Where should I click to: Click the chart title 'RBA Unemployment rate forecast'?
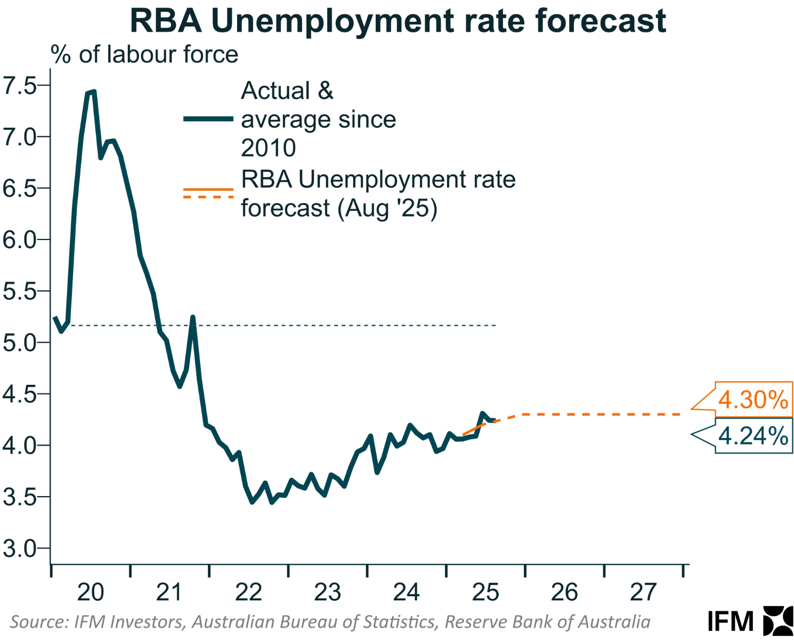pyautogui.click(x=398, y=21)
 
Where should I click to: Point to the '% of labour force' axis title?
pyautogui.click(x=144, y=55)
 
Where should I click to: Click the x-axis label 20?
pyautogui.click(x=90, y=592)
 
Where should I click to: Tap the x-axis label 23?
pyautogui.click(x=327, y=592)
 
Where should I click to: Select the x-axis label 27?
pyautogui.click(x=643, y=592)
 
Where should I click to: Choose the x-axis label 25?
pyautogui.click(x=485, y=592)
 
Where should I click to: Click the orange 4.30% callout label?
pyautogui.click(x=753, y=400)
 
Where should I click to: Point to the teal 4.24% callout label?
pyautogui.click(x=753, y=436)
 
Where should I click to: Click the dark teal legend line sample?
pyautogui.click(x=208, y=119)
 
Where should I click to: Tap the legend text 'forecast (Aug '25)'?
pyautogui.click(x=339, y=208)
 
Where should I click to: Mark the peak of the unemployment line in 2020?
pyautogui.click(x=94, y=92)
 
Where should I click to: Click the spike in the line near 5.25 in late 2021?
pyautogui.click(x=192, y=317)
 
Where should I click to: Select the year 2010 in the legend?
pyautogui.click(x=268, y=148)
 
